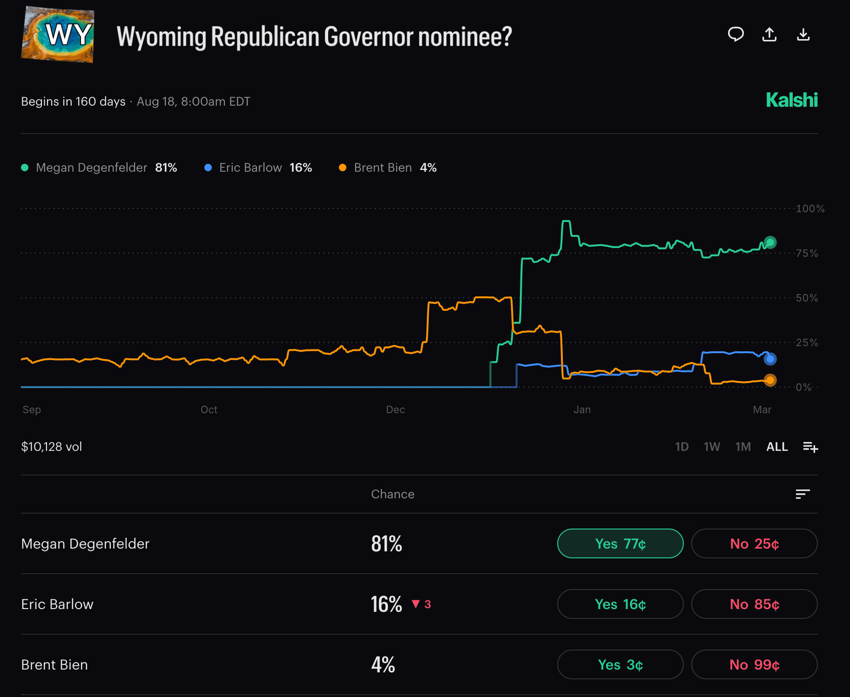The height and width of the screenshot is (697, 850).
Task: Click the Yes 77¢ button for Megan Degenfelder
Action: [x=620, y=543]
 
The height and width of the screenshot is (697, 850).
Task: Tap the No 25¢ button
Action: [x=754, y=543]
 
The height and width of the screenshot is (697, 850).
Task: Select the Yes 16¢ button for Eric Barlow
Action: [x=620, y=604]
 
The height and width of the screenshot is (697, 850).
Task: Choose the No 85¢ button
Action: [x=754, y=604]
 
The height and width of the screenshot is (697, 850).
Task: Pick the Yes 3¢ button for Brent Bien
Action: [x=620, y=664]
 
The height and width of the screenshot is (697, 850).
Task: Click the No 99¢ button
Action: [x=754, y=664]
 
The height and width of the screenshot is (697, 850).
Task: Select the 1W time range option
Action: [x=712, y=447]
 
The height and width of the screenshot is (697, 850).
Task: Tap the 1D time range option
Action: [x=681, y=447]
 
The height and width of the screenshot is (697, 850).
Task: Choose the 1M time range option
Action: [x=743, y=447]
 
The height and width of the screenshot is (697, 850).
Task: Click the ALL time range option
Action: [x=777, y=447]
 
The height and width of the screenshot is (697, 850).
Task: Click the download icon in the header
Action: [x=803, y=34]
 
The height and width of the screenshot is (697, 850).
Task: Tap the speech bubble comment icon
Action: [x=735, y=34]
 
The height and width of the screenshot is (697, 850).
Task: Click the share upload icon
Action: [x=769, y=34]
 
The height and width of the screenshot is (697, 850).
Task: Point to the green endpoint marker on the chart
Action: [x=770, y=242]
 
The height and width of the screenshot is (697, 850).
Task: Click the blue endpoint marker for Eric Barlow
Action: [x=770, y=359]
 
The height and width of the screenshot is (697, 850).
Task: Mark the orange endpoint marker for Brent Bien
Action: [x=770, y=380]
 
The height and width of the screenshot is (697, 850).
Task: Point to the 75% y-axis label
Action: [x=807, y=253]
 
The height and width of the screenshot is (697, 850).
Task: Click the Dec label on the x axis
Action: [x=395, y=409]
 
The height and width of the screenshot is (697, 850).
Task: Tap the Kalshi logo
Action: [x=791, y=100]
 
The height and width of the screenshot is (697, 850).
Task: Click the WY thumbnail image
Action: [x=58, y=34]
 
